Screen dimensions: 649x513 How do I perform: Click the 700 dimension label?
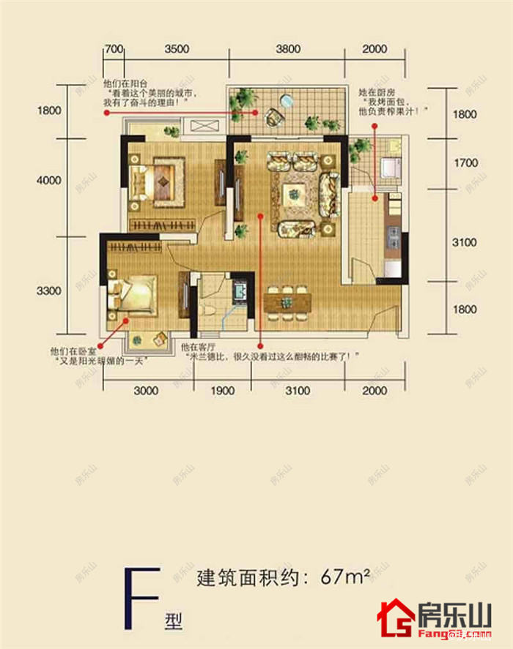[x=113, y=50]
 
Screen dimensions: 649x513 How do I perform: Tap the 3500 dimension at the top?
[x=177, y=50]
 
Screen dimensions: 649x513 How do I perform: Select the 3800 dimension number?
[x=288, y=50]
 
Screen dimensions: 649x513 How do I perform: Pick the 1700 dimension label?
[x=465, y=164]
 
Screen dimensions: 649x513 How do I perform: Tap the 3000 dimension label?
[x=147, y=391]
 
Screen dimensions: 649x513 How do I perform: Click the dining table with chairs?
[x=287, y=301]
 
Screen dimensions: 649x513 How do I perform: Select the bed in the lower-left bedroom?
[x=133, y=294]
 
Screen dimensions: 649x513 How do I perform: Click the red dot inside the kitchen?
[x=374, y=197]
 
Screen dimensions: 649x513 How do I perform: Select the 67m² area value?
[x=344, y=577]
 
